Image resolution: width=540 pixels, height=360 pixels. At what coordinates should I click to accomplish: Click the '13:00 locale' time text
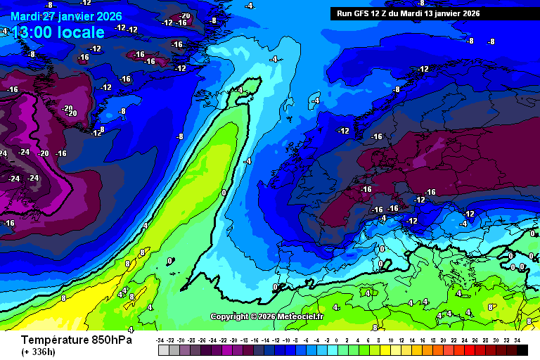(x=58, y=32)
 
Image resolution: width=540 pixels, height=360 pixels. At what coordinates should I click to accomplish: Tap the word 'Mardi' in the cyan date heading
(x=26, y=16)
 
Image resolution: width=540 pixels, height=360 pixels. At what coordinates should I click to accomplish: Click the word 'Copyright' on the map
(x=231, y=316)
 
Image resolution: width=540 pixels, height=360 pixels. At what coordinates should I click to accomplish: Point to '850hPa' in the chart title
(x=110, y=340)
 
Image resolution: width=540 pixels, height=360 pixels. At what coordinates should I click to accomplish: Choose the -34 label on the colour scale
(x=160, y=340)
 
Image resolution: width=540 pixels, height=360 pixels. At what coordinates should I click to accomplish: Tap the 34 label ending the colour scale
(x=517, y=340)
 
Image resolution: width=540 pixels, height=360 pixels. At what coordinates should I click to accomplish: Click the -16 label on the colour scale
(x=254, y=340)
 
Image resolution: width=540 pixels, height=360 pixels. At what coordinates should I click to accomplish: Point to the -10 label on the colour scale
(x=285, y=340)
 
